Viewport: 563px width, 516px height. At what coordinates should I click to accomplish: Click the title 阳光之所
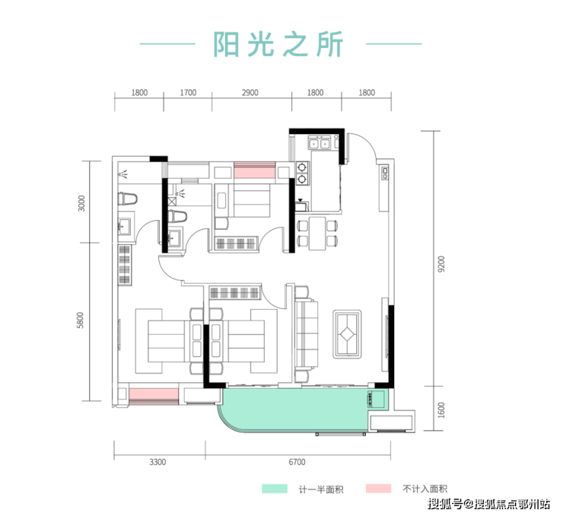tap(280, 44)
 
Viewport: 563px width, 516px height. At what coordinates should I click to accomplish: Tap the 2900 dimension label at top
tap(250, 93)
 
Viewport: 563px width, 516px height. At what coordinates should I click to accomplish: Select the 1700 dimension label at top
tap(189, 93)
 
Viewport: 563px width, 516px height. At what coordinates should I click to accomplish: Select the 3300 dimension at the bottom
tap(157, 462)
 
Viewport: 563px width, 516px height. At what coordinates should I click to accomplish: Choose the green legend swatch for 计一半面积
tap(274, 488)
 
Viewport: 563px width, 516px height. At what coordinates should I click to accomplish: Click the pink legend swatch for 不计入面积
tap(378, 488)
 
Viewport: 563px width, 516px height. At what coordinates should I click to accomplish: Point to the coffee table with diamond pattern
tap(348, 333)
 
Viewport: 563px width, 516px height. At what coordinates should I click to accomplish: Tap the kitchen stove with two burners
tap(303, 173)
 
